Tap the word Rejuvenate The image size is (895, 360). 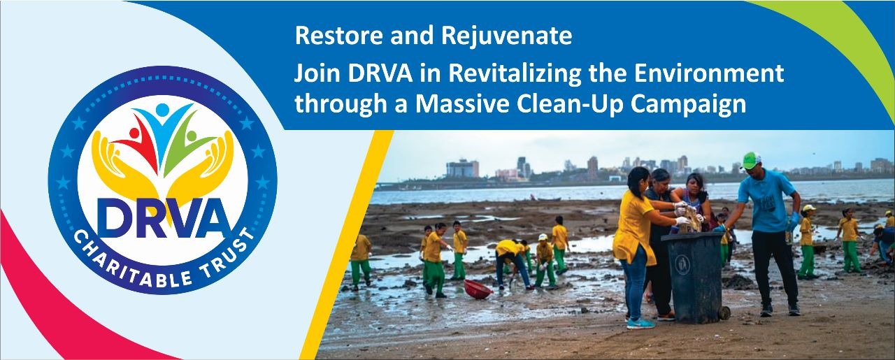pos(507,38)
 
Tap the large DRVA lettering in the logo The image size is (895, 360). pos(163,219)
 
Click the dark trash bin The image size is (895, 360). pos(694,278)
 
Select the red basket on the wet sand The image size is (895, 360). pos(478,289)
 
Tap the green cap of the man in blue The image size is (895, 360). pos(751,160)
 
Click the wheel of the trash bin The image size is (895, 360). pos(724,312)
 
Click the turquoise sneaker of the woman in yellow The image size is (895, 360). pos(640,323)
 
